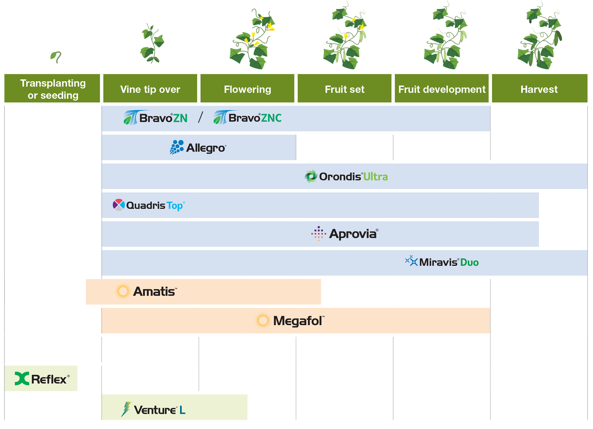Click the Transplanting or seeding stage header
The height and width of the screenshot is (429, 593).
(52, 89)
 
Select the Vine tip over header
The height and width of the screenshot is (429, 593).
(150, 89)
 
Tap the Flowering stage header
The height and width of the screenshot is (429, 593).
(247, 89)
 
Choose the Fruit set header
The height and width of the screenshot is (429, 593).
(345, 89)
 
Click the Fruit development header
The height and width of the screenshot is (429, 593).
(442, 89)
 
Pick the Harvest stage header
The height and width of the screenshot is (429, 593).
(539, 89)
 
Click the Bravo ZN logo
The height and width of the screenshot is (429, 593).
(156, 118)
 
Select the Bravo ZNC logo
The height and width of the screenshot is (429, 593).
(248, 118)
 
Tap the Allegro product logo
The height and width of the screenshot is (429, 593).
(198, 147)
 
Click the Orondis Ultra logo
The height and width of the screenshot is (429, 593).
(346, 176)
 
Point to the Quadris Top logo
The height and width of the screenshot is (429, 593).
(149, 205)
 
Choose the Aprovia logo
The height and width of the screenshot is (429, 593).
(345, 234)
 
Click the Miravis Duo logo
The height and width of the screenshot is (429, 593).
(442, 262)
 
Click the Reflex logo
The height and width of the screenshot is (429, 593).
(42, 379)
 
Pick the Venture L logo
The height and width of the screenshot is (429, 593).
(154, 409)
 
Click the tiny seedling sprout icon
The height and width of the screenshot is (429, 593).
(56, 57)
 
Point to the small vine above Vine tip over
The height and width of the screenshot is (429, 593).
(152, 44)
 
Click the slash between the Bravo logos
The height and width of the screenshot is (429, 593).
(200, 117)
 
